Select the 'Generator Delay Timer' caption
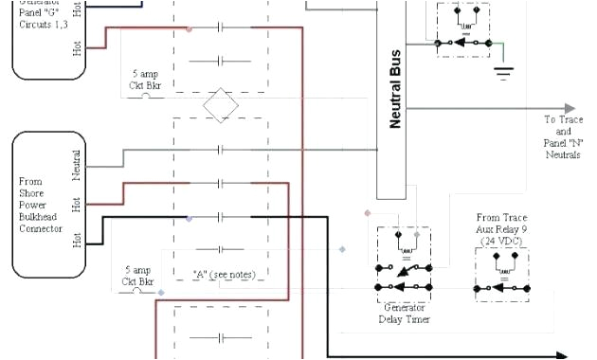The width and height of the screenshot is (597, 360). pyautogui.click(x=404, y=314)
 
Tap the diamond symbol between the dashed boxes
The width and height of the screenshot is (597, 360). pyautogui.click(x=220, y=104)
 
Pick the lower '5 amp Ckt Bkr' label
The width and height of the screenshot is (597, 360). pyautogui.click(x=137, y=276)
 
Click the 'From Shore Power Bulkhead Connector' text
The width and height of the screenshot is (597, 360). pyautogui.click(x=41, y=204)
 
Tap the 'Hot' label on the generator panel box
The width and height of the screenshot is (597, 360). pyautogui.click(x=77, y=47)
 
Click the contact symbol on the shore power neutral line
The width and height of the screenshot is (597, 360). pyautogui.click(x=220, y=150)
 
